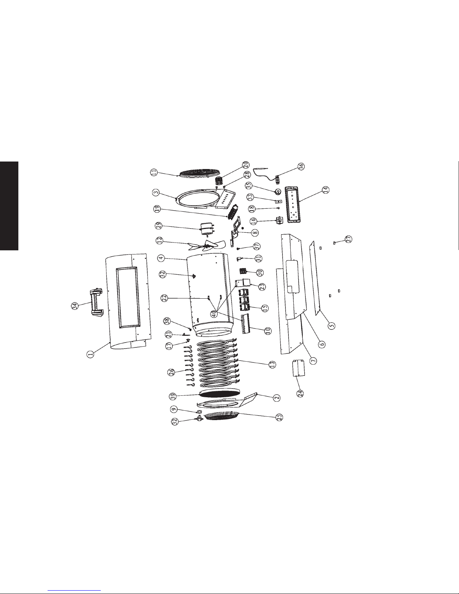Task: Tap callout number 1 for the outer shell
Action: [x=90, y=354]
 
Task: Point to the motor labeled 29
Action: [x=207, y=229]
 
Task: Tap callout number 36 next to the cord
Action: [x=301, y=166]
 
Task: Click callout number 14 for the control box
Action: [x=326, y=190]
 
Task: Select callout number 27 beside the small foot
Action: [x=349, y=239]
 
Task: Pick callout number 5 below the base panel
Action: [x=331, y=326]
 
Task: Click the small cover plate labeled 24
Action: [x=298, y=368]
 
